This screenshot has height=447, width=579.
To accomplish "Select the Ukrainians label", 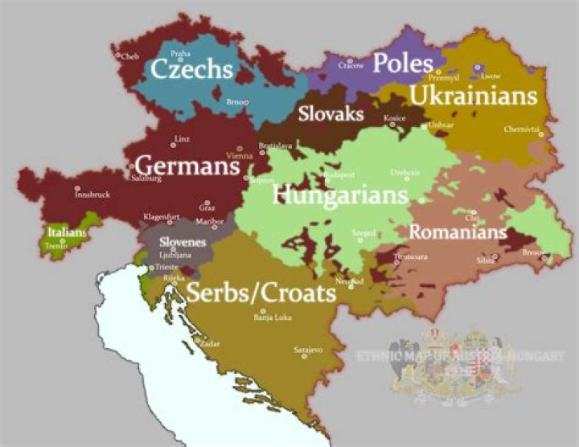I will pos(473,96).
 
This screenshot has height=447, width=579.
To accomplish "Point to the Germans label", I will pos(187,165).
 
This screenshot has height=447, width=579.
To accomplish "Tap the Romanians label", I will pos(458,232).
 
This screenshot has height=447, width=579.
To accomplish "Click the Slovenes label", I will pos(183,242).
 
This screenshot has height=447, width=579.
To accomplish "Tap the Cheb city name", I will pos(130,56).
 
